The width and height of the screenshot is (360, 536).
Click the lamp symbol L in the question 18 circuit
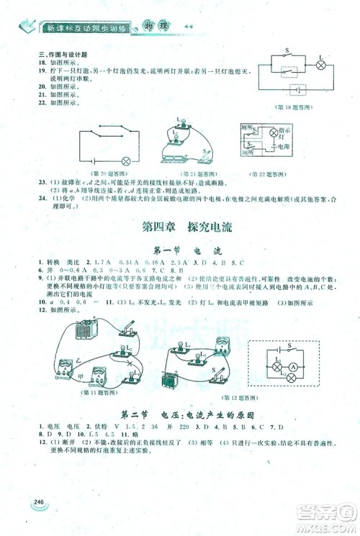pyautogui.click(x=321, y=65)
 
